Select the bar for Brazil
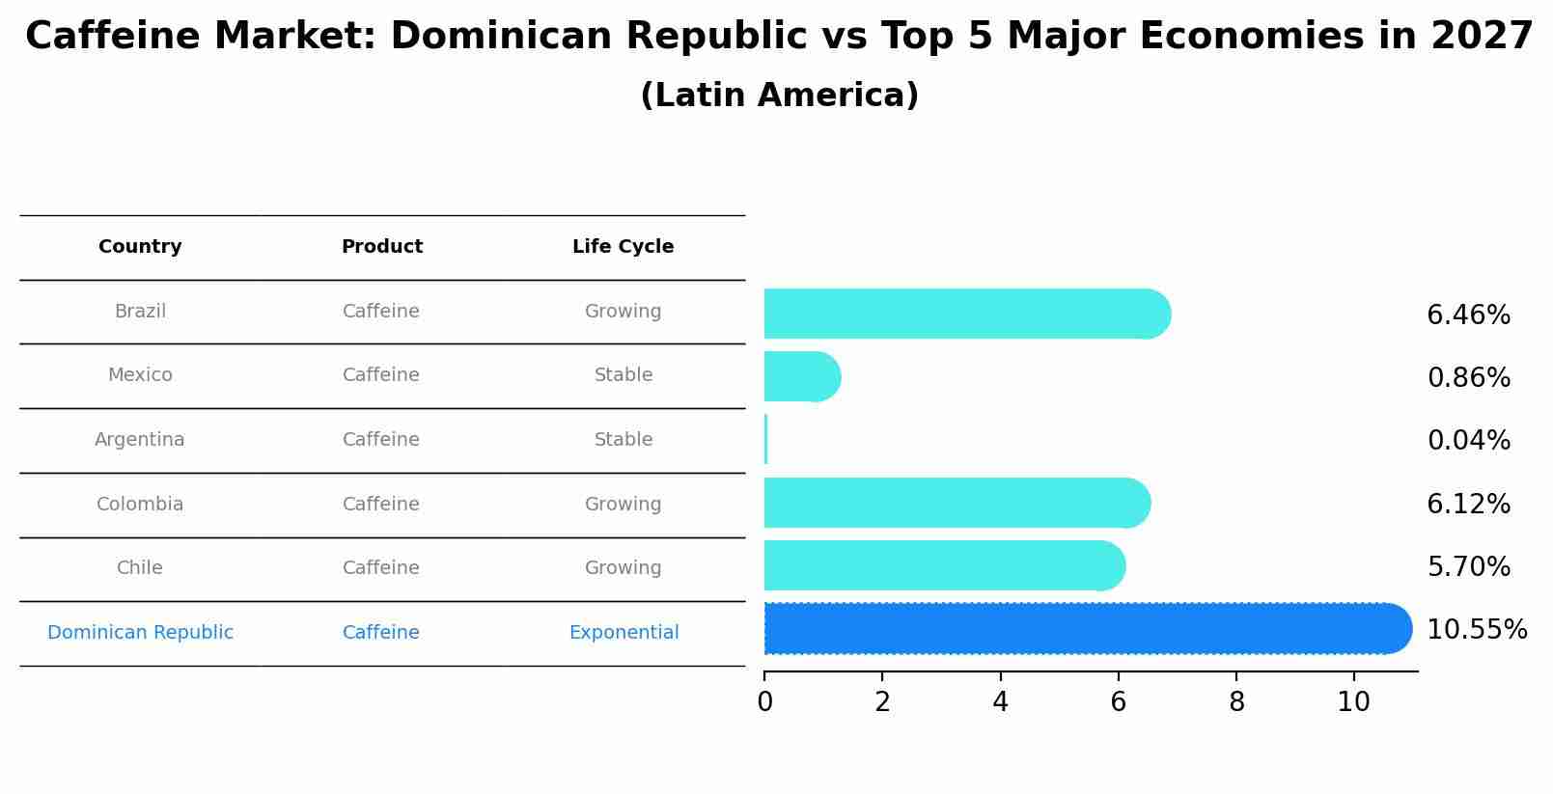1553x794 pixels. [x=965, y=314]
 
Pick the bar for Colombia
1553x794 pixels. [x=956, y=503]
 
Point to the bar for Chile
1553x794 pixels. [x=943, y=565]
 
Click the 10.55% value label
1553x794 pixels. [x=1476, y=630]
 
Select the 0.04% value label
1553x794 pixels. [x=1468, y=441]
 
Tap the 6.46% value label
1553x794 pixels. [x=1468, y=315]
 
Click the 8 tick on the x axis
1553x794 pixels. [x=1236, y=702]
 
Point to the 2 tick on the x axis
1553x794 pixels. [x=882, y=702]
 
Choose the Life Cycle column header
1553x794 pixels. [x=623, y=247]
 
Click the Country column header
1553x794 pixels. [x=140, y=247]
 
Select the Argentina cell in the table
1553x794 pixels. [x=140, y=440]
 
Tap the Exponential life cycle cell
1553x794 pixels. [x=624, y=633]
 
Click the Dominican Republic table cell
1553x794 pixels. [x=140, y=633]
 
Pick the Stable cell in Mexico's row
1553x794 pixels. [x=624, y=375]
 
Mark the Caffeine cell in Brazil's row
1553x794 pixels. [x=381, y=312]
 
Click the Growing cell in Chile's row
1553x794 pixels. [x=623, y=568]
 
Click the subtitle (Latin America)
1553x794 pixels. [x=779, y=96]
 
